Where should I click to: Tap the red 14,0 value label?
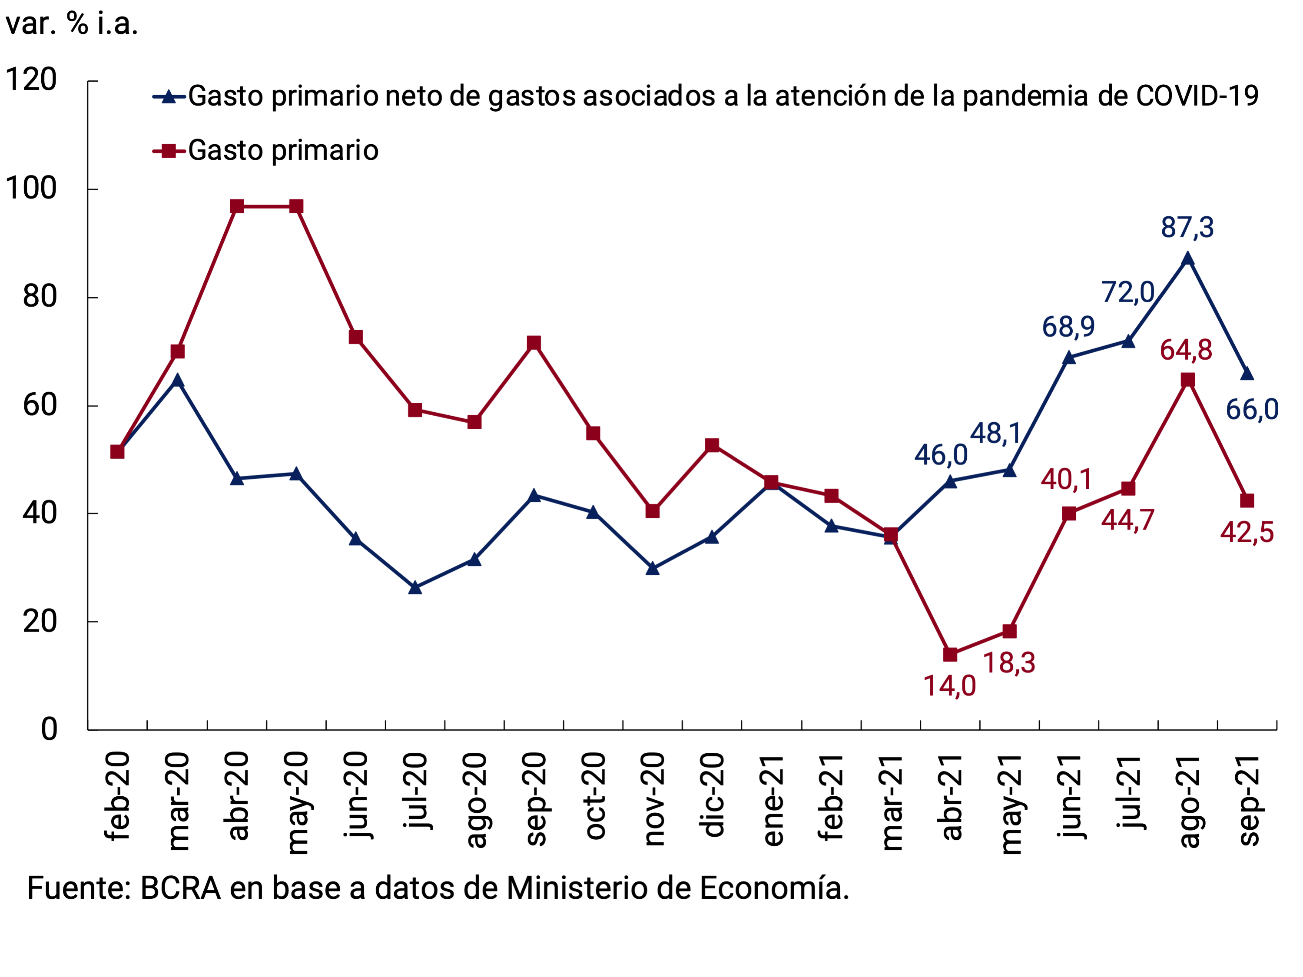949,686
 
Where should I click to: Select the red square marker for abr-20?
237,206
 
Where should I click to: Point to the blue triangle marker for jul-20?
414,588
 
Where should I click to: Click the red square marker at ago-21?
1187,380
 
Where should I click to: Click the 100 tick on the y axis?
31,189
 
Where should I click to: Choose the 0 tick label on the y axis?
49,729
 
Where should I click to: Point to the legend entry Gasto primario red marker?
169,151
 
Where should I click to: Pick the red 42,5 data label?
1247,532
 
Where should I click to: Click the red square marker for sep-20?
534,343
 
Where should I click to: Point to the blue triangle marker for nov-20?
653,568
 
